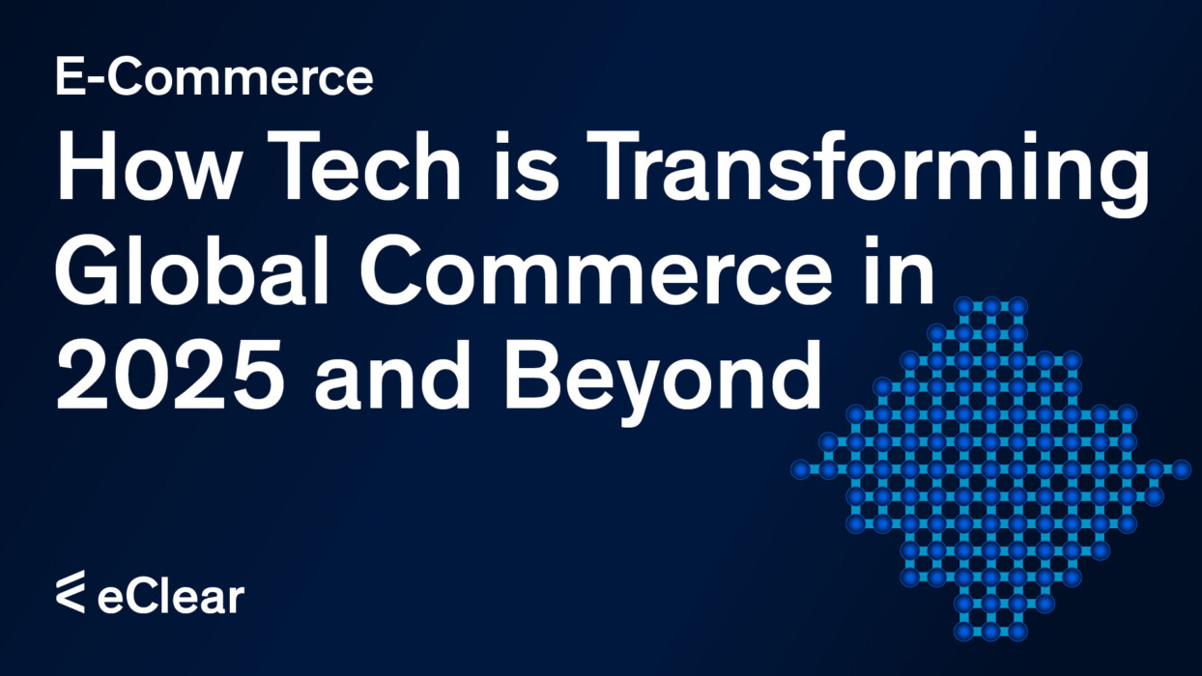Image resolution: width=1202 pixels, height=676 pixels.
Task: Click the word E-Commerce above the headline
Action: click(x=214, y=76)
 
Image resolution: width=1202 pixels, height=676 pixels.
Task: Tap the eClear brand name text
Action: click(x=170, y=596)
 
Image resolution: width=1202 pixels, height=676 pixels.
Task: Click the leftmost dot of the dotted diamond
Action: click(x=800, y=469)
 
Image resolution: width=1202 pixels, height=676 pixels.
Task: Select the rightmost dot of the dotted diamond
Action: click(x=1181, y=469)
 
